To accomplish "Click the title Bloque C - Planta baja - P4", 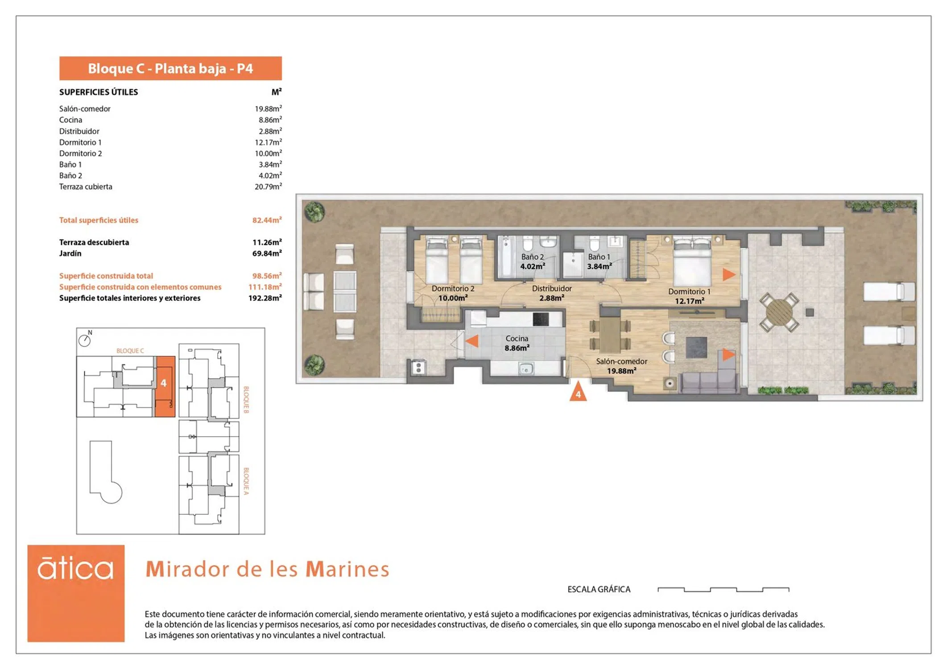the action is pyautogui.click(x=170, y=68).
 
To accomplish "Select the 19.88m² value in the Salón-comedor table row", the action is pyautogui.click(x=268, y=108).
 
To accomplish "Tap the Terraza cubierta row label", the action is pyautogui.click(x=86, y=186).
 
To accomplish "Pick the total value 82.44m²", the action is pyautogui.click(x=267, y=220).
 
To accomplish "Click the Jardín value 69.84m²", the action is pyautogui.click(x=267, y=253).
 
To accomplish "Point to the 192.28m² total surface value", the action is pyautogui.click(x=265, y=298).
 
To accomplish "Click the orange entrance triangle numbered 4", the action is pyautogui.click(x=578, y=392).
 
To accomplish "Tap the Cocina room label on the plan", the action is pyautogui.click(x=517, y=339).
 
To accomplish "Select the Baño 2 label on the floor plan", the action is pyautogui.click(x=533, y=257).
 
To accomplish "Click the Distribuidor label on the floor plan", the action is pyautogui.click(x=552, y=289).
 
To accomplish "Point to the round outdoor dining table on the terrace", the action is pyautogui.click(x=779, y=312).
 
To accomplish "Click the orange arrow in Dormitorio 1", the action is pyautogui.click(x=729, y=275).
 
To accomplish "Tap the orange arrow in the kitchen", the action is pyautogui.click(x=472, y=341).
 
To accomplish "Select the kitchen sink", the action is pyautogui.click(x=526, y=369).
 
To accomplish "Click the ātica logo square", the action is pyautogui.click(x=76, y=593).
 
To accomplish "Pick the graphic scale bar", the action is pyautogui.click(x=724, y=590).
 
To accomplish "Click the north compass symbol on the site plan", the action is pyautogui.click(x=85, y=340).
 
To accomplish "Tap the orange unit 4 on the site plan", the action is pyautogui.click(x=165, y=386).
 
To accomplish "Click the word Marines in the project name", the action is pyautogui.click(x=347, y=569).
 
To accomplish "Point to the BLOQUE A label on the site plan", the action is pyautogui.click(x=246, y=481).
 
